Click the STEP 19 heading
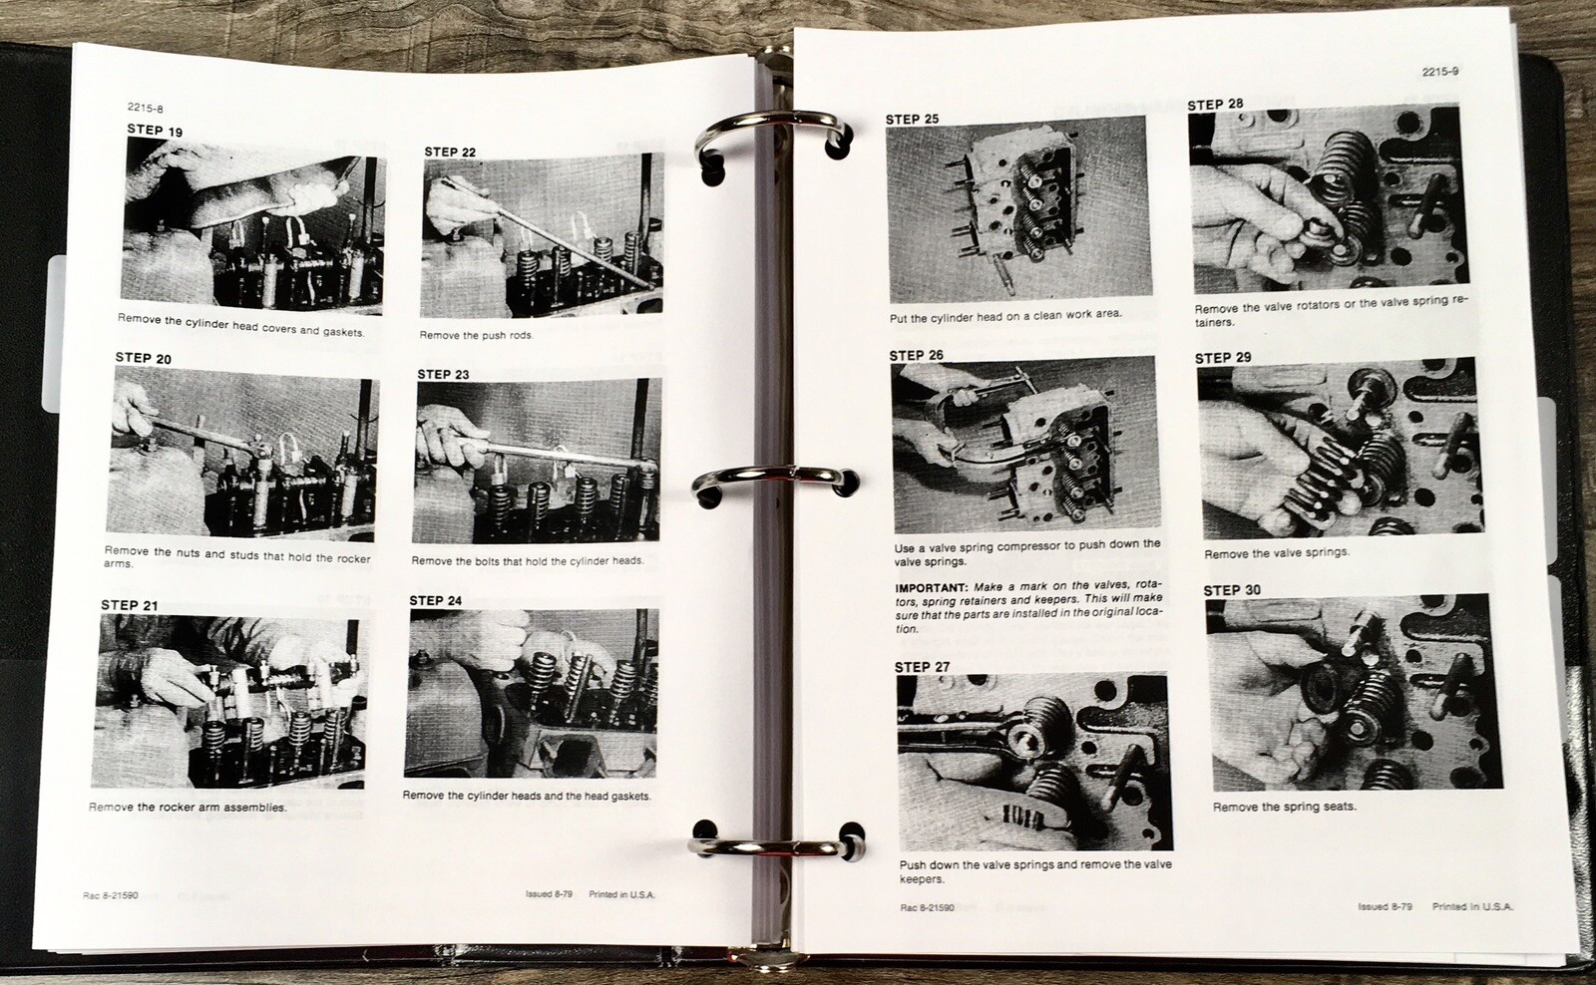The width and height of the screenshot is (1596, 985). coord(155,130)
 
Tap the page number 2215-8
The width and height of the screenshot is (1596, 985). coord(146,109)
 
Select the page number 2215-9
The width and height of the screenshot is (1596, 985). coord(1440,71)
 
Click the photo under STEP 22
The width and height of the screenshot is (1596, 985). coord(543,236)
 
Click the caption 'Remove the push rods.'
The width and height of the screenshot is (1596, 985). coord(476,336)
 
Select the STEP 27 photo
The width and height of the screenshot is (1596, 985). coord(1031,763)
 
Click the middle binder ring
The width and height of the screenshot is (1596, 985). coord(773,484)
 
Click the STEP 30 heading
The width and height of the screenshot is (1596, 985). coord(1231,590)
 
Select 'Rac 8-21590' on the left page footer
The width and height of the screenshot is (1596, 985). coord(111,895)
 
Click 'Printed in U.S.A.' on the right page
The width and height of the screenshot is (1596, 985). coord(1472,907)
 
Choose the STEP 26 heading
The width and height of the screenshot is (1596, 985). coord(916,355)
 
